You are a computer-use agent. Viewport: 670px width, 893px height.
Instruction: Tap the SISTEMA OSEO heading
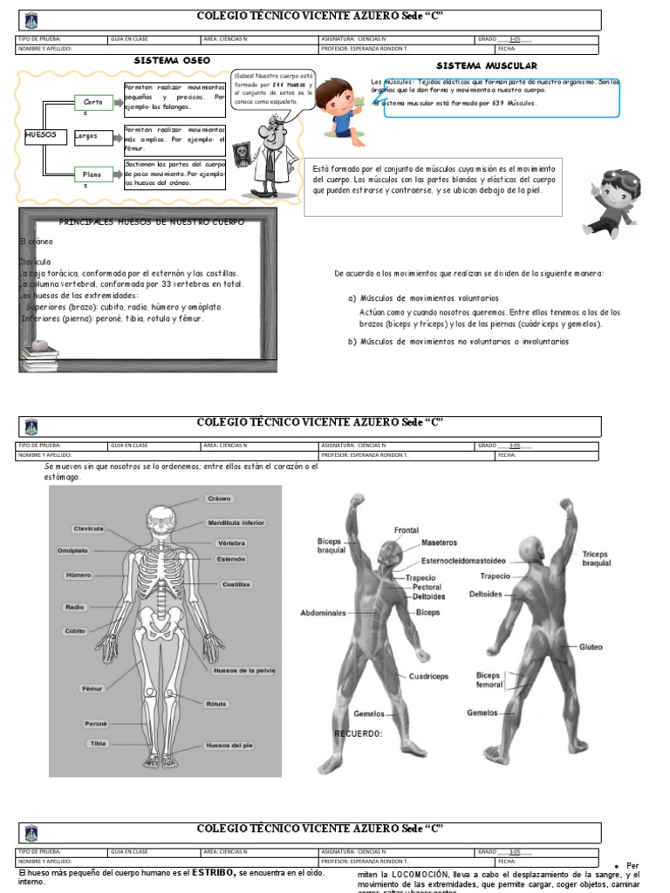click(x=172, y=60)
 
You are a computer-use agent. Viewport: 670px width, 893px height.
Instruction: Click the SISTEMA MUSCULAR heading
click(x=486, y=65)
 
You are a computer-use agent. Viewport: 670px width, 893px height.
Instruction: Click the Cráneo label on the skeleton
click(x=219, y=499)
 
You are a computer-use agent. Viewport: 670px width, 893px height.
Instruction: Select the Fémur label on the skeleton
click(x=92, y=688)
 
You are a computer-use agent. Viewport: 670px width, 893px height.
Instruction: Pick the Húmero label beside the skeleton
click(x=78, y=576)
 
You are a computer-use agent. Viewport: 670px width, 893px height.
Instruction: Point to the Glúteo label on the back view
click(x=591, y=647)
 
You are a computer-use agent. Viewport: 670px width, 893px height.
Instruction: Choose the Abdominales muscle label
click(x=324, y=612)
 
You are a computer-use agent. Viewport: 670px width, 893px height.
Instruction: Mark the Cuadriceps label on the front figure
click(x=428, y=676)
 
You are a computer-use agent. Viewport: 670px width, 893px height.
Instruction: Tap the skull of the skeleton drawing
click(x=161, y=519)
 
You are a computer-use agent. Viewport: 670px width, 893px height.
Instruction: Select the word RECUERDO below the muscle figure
click(x=359, y=733)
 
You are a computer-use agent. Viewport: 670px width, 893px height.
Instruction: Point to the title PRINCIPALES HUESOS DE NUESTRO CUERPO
click(x=152, y=222)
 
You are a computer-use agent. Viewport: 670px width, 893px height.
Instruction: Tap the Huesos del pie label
click(x=229, y=746)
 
